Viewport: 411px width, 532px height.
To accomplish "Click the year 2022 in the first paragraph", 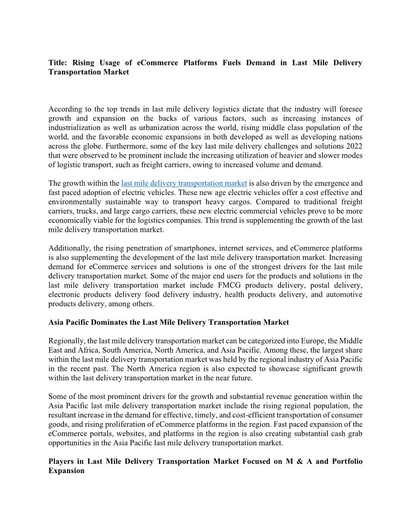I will point(353,146).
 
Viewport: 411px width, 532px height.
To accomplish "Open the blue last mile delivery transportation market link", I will point(184,183).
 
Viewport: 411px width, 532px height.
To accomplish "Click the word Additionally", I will point(69,248).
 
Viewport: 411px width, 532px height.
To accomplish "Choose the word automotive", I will point(344,294).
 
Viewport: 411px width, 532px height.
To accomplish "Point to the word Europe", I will point(301,341).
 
